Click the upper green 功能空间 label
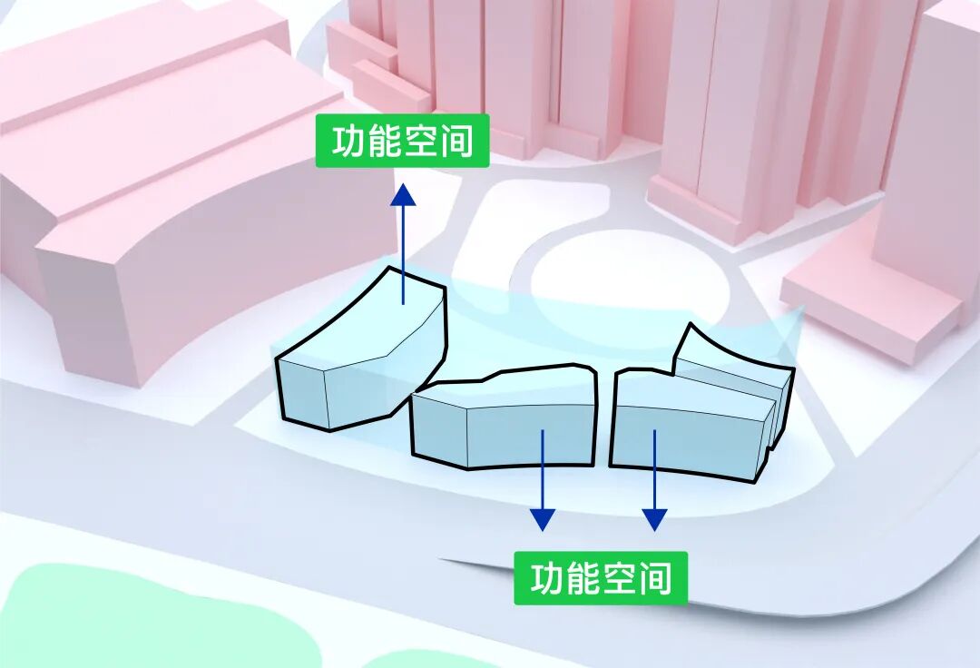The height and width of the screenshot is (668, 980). [402, 142]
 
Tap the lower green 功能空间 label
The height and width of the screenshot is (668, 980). [601, 578]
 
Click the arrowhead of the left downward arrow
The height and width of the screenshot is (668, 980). [543, 519]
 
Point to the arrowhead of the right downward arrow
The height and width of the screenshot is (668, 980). [654, 519]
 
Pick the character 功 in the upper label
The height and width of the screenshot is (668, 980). [348, 142]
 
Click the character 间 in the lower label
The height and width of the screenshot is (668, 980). [655, 578]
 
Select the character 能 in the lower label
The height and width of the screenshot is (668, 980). [583, 578]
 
